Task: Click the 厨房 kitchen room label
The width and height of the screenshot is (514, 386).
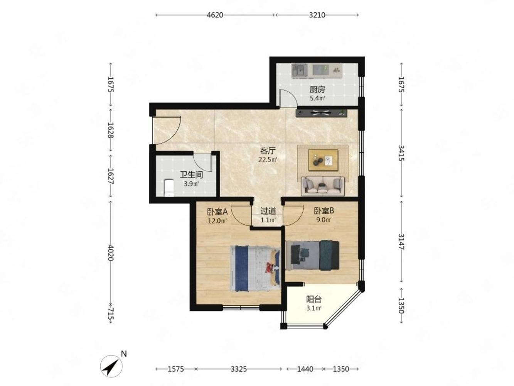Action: (x=317, y=90)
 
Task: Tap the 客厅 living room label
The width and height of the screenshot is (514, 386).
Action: (x=268, y=151)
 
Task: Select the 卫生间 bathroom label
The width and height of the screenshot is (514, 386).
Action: (x=191, y=175)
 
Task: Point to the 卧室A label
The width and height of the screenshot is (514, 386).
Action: (x=217, y=212)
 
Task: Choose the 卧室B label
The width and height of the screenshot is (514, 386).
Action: (x=324, y=211)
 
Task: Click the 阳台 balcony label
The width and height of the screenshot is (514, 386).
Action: (x=314, y=299)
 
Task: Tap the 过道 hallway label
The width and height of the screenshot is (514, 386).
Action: (x=268, y=211)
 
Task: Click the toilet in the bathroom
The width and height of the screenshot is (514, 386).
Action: (x=169, y=188)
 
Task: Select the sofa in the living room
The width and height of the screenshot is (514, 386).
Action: (x=323, y=186)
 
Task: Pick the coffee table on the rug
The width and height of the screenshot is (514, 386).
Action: (x=323, y=160)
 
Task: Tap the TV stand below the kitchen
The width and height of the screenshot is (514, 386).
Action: (x=321, y=113)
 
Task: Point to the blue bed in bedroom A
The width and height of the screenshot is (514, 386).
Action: (x=255, y=268)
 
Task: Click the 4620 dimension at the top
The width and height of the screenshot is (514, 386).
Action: (x=215, y=15)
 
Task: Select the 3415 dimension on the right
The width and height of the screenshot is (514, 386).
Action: (x=401, y=153)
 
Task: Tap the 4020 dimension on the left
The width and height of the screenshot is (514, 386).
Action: (x=111, y=253)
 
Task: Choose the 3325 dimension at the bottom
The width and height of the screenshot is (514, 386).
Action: (x=239, y=369)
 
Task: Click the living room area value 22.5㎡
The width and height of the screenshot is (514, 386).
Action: (x=268, y=160)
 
